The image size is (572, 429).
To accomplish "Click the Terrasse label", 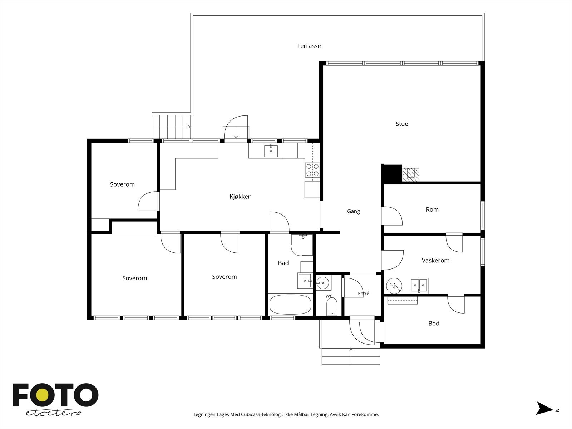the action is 309,46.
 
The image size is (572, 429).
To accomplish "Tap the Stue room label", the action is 402,124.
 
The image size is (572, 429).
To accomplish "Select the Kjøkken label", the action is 241,197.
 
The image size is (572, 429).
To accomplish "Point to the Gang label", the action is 353,211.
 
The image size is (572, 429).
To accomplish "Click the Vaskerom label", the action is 435,261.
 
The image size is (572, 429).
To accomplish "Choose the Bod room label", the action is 434,323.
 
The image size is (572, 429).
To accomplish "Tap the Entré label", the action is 364,294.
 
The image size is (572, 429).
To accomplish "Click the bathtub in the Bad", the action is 290,305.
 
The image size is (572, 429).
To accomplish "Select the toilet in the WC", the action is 332,307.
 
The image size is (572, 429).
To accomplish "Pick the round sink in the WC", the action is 322,283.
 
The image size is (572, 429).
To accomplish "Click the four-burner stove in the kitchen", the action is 312,170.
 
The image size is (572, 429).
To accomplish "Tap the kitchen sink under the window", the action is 271,151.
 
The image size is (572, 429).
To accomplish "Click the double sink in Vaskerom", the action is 419,286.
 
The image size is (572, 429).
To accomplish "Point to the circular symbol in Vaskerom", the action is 394,286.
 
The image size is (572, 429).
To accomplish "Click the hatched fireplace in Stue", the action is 411,175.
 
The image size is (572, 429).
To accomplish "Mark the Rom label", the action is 432,210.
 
